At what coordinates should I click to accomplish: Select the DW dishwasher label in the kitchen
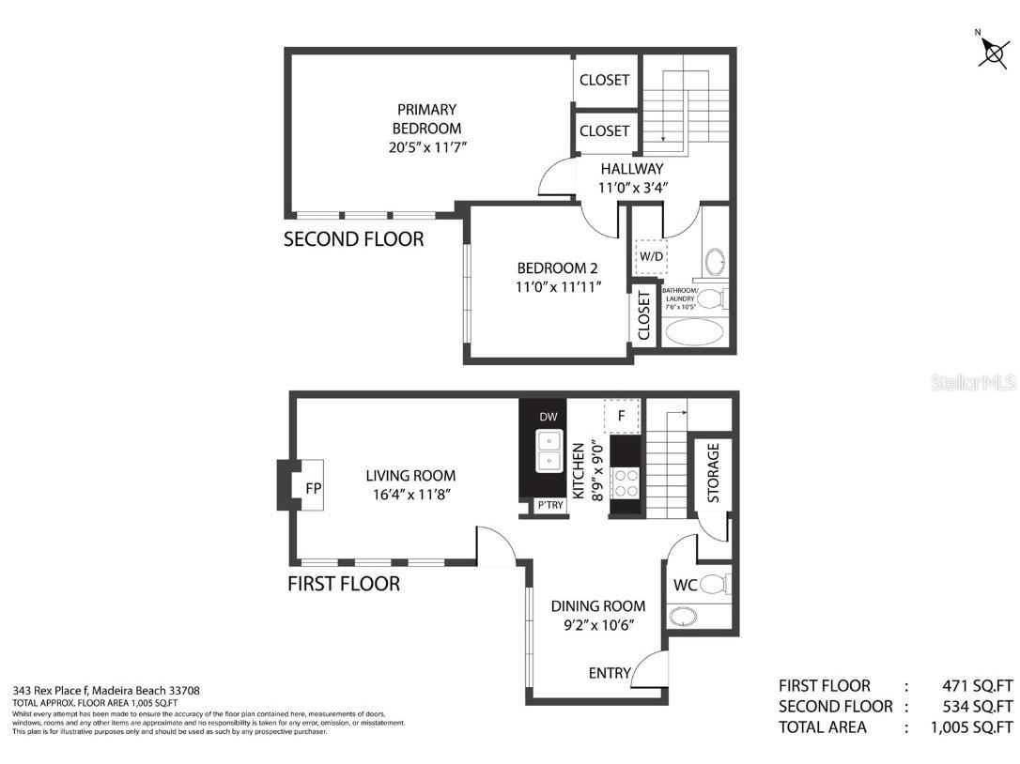pos(549,416)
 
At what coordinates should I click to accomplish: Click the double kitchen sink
pos(549,451)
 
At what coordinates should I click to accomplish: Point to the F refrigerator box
pos(621,414)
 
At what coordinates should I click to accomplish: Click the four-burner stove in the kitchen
pos(625,483)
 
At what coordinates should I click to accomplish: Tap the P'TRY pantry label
pos(549,506)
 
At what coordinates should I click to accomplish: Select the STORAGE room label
pos(713,473)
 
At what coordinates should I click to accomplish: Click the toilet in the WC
pos(716,585)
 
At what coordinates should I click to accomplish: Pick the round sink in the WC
pos(685,617)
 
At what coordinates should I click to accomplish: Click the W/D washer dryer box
pos(650,255)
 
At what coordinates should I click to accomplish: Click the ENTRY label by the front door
pos(609,673)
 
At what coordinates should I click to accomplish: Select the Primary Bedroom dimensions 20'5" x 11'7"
pos(426,146)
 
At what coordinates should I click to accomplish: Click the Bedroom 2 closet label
pos(644,315)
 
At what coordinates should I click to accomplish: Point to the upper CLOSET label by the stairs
pos(604,80)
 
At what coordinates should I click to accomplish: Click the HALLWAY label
pos(632,169)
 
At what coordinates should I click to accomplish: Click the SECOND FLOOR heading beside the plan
pos(353,239)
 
